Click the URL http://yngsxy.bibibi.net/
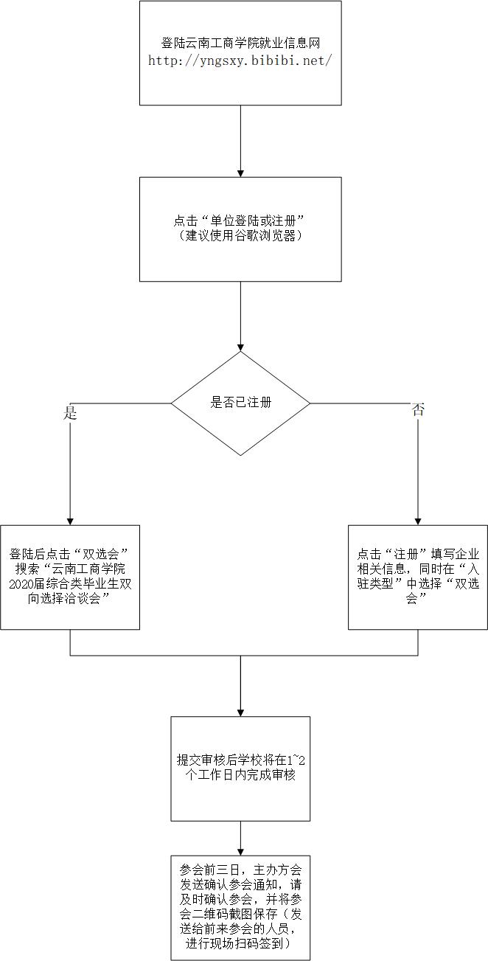click(240, 61)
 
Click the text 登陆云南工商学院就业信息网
click(240, 44)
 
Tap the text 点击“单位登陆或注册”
click(240, 221)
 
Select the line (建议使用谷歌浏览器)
click(240, 237)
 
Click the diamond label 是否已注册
click(240, 403)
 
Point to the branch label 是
click(70, 413)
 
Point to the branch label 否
click(418, 411)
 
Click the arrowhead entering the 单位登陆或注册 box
click(240, 172)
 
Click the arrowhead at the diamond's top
click(240, 346)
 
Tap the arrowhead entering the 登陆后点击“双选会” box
click(70, 520)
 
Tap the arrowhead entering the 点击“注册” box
click(418, 520)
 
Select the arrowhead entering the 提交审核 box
click(240, 711)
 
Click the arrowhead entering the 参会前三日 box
click(240, 851)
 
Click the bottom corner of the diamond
click(240, 455)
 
